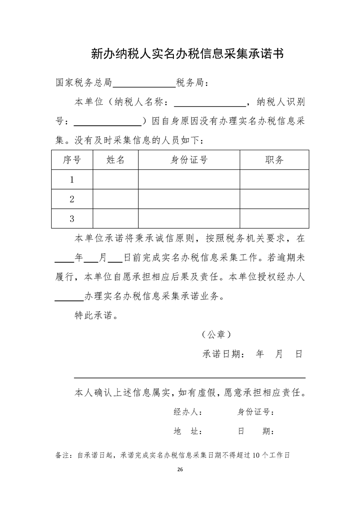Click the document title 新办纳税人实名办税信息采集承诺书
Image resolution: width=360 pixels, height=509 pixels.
(x=187, y=54)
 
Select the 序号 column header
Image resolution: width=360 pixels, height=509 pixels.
(x=72, y=160)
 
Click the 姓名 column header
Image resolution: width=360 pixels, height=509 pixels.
(x=115, y=160)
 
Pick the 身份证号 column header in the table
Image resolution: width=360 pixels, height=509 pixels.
(x=189, y=160)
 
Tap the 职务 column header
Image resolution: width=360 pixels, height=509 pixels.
(x=274, y=160)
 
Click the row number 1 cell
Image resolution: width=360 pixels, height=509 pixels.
(x=72, y=180)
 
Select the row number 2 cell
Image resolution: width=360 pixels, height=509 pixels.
(x=72, y=199)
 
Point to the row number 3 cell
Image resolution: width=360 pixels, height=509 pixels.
(x=72, y=219)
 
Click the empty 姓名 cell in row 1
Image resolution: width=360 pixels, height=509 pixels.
(x=115, y=180)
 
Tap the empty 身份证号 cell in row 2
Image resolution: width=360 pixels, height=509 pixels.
(x=189, y=199)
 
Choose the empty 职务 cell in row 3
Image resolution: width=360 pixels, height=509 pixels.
(x=274, y=219)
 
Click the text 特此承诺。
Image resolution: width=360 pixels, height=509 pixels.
(x=96, y=316)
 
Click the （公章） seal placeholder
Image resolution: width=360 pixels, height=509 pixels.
(x=217, y=335)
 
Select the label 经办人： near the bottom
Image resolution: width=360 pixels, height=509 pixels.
(x=188, y=412)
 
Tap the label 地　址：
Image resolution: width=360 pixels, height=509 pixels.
(x=188, y=431)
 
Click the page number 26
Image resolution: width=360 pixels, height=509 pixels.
(x=180, y=469)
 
